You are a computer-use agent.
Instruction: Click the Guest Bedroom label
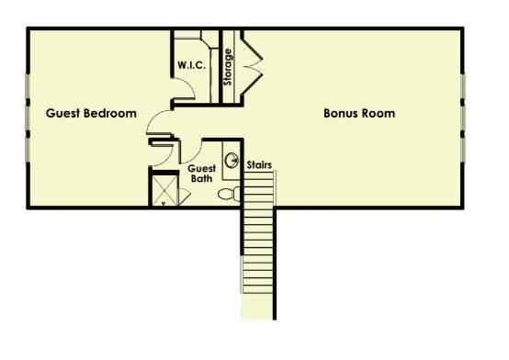tap(91, 114)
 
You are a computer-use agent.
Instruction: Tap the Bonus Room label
tap(359, 114)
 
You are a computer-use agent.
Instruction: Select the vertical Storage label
tap(228, 67)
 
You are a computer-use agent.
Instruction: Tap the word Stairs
tap(258, 165)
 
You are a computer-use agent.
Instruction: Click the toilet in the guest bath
tap(233, 194)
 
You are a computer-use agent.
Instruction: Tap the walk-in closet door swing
tap(185, 91)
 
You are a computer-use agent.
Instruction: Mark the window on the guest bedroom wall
tap(28, 114)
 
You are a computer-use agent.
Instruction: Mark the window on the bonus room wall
tap(465, 114)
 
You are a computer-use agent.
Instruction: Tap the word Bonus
tap(341, 114)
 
